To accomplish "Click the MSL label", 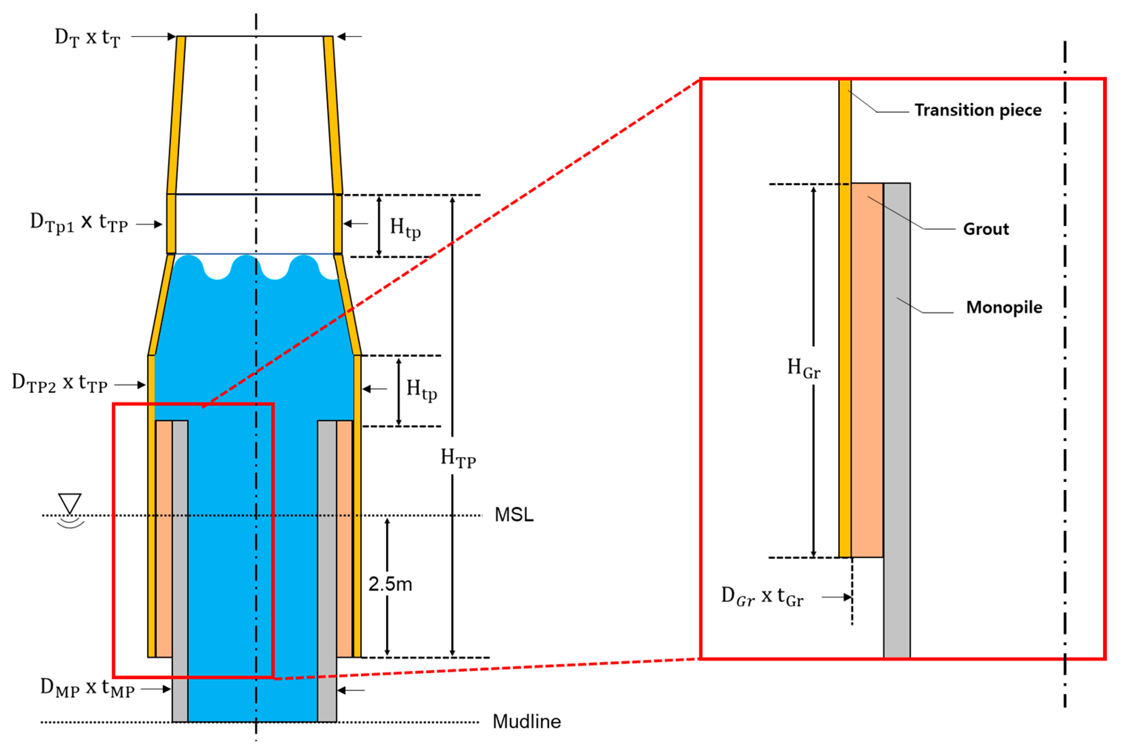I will [514, 514].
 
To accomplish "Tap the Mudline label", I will [526, 722].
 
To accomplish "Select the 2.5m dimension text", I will [390, 584].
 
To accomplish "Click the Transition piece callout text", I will [977, 110].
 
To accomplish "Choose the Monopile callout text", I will [1004, 307].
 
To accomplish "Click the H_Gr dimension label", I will [803, 368].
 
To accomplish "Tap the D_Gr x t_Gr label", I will [762, 597].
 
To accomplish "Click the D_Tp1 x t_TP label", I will [79, 223].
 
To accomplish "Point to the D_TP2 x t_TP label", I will [60, 383].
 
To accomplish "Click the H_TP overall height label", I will [458, 458].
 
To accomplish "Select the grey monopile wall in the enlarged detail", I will [897, 428].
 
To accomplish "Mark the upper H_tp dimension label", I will [405, 227].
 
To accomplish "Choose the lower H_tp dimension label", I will [421, 389].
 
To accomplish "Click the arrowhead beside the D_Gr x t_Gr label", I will [847, 597].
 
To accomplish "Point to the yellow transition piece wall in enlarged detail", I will [845, 333].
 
